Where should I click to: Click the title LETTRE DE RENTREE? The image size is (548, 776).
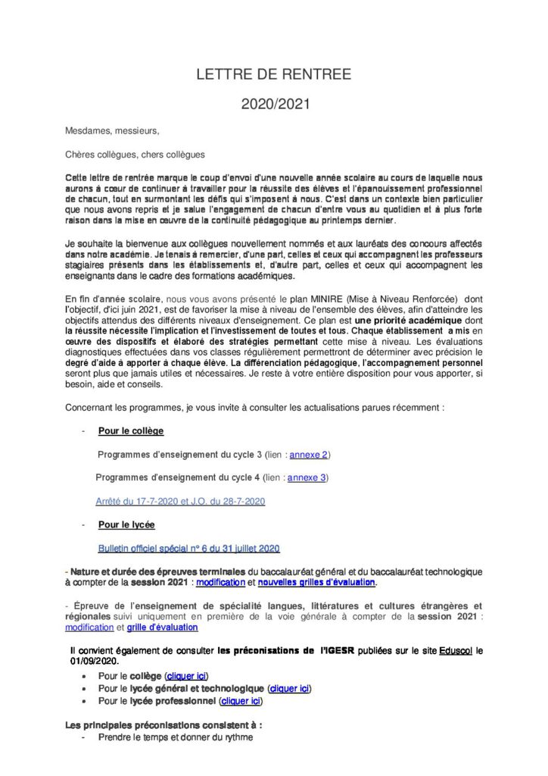(x=274, y=74)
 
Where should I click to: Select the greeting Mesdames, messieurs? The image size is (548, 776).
(x=112, y=130)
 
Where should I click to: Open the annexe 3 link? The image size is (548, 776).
(x=307, y=477)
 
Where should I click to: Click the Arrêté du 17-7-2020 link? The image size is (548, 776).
(x=179, y=501)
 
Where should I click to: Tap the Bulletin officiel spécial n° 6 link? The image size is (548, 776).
(x=189, y=548)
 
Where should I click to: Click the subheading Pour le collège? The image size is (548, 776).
(x=131, y=430)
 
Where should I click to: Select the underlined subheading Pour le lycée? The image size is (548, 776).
(x=126, y=524)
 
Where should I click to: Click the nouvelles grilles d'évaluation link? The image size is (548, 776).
(x=316, y=582)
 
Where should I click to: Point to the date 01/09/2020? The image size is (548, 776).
(x=95, y=661)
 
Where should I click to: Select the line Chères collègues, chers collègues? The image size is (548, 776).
(x=135, y=155)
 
